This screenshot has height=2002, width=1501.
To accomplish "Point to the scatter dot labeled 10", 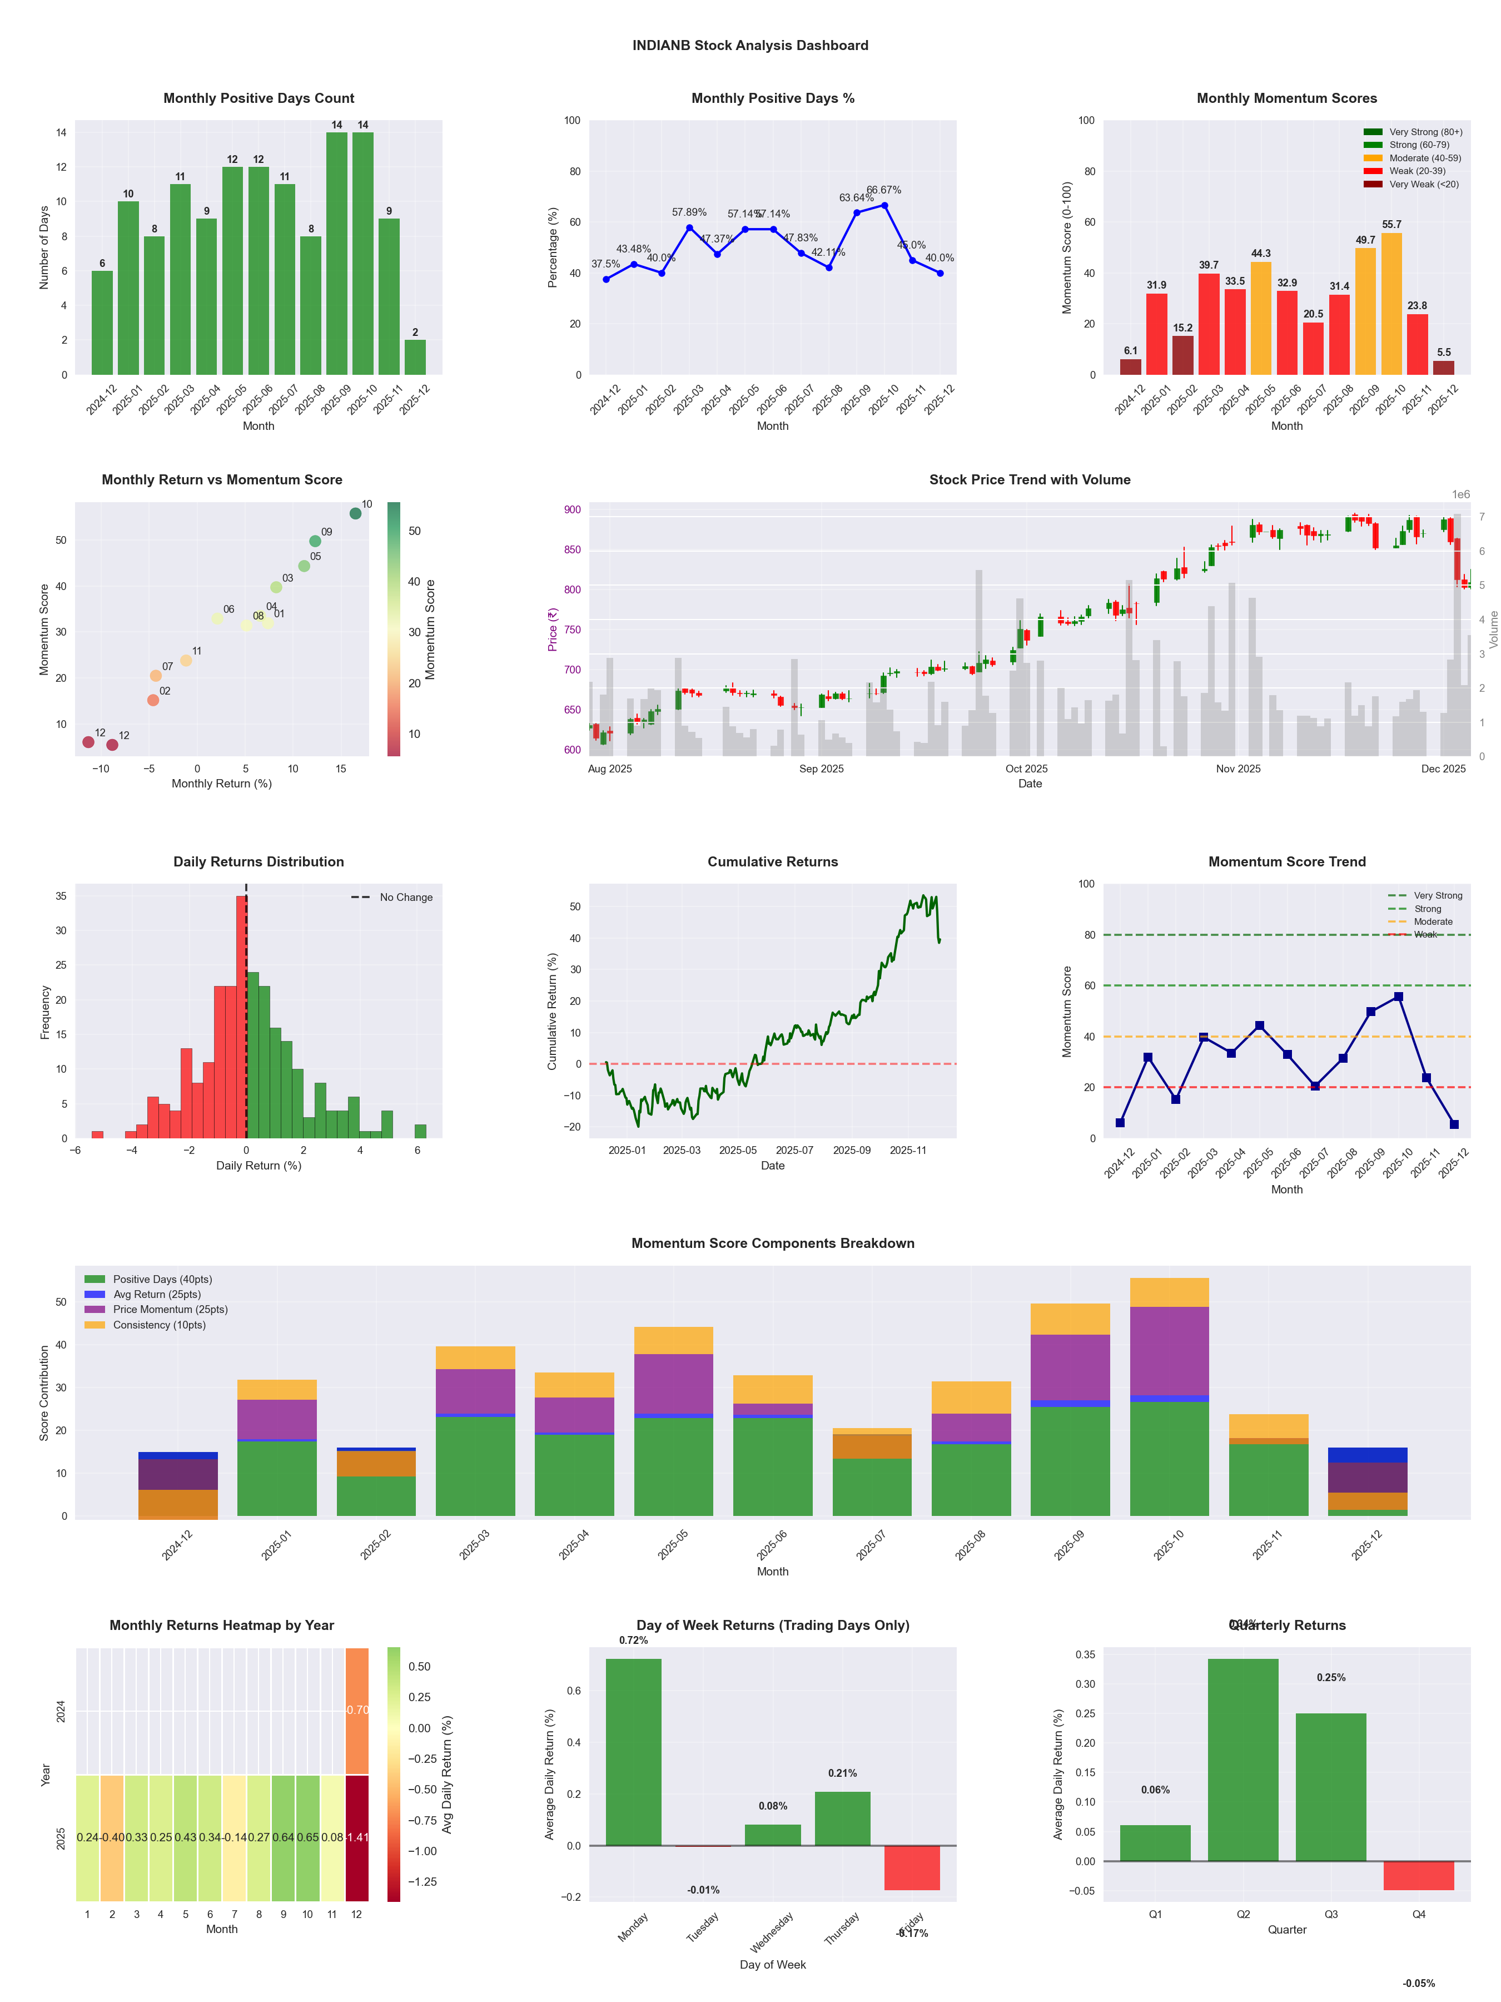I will click(x=356, y=513).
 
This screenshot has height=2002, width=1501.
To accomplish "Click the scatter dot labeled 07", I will click(x=156, y=675).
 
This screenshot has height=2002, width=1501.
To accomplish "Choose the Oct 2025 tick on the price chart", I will click(x=1026, y=769).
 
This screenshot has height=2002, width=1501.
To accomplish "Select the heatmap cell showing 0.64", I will click(x=283, y=1837).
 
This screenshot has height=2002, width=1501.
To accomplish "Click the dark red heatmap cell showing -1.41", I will click(x=357, y=1837).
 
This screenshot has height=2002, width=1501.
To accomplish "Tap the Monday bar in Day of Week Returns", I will click(x=633, y=1751).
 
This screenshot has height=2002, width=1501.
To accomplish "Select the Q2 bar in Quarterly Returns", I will click(x=1242, y=1760).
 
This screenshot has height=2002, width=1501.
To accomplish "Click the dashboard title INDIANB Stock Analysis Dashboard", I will click(x=750, y=45).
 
